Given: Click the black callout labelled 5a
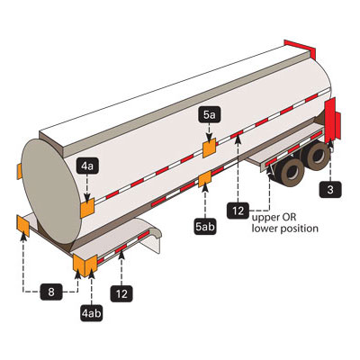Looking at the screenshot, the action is [x=210, y=115].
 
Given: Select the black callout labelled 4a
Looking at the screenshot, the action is [x=87, y=166].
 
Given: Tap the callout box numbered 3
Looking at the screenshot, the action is [x=330, y=189].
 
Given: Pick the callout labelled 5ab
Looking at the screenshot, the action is [x=205, y=227].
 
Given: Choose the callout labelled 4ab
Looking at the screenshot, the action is [x=92, y=313].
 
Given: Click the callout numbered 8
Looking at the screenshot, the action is [x=51, y=292].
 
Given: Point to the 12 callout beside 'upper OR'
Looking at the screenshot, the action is [x=238, y=211].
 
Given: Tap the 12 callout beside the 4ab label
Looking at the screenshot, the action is [x=121, y=293].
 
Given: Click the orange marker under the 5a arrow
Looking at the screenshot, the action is [x=210, y=148].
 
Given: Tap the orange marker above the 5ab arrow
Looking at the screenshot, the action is [x=205, y=179].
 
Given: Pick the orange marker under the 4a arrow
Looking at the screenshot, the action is [x=87, y=208].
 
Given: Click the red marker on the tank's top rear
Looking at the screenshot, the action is [x=301, y=49].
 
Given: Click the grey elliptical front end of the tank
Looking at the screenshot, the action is [x=51, y=191].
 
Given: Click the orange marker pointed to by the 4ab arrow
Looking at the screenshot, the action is [x=91, y=265].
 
